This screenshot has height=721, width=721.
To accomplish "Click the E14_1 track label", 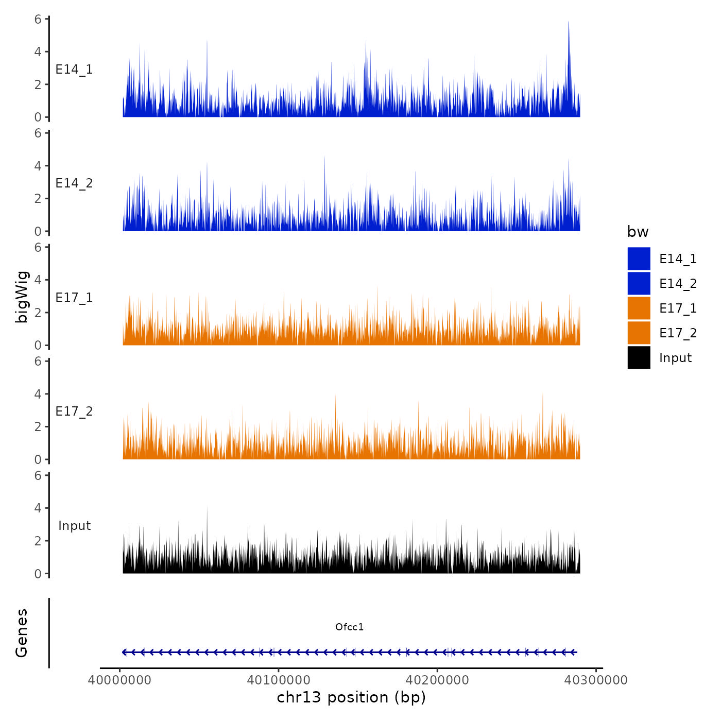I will [x=74, y=70].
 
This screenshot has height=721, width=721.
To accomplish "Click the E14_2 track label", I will [x=74, y=183].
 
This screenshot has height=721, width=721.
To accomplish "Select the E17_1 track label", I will [x=74, y=298].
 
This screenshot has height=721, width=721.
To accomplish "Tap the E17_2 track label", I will [x=74, y=411].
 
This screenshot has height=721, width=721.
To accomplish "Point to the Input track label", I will [x=74, y=526].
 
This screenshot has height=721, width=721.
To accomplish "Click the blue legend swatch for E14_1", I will [x=639, y=259].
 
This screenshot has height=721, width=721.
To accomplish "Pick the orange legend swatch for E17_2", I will [x=639, y=333].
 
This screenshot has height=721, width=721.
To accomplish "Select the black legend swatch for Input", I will [x=639, y=357].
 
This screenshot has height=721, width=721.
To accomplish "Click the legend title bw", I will [x=638, y=232].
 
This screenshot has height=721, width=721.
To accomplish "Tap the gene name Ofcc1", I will [x=349, y=627].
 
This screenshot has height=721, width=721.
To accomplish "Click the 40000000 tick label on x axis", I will [x=119, y=680].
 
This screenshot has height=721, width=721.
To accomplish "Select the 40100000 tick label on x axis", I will [x=278, y=680].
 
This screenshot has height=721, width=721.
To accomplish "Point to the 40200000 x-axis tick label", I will [x=437, y=680].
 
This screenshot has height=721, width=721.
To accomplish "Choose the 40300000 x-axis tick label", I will [x=596, y=680].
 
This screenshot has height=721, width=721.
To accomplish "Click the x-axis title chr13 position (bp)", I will [x=351, y=697].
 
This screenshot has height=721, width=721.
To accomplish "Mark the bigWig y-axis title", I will [x=22, y=297].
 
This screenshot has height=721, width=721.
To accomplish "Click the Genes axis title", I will [x=22, y=633].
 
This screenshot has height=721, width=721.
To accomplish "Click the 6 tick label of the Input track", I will [x=38, y=475].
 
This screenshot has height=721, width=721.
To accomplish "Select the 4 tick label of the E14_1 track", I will [x=38, y=51].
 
